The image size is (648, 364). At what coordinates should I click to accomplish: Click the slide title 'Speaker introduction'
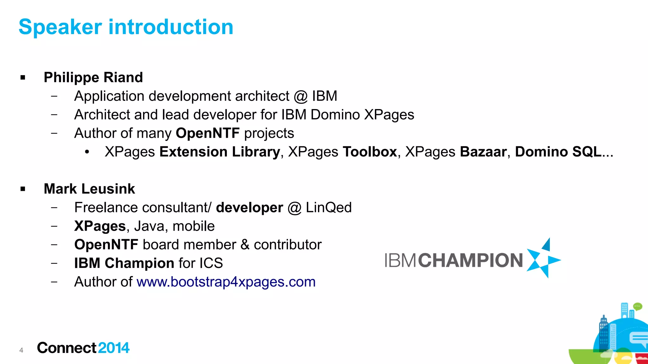126,27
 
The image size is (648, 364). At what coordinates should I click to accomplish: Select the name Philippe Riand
93,77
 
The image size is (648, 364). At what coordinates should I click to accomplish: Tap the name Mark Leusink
89,189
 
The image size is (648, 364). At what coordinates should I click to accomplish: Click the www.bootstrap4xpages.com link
226,282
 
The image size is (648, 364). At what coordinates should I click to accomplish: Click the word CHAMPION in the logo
470,261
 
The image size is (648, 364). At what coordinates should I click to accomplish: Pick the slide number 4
21,350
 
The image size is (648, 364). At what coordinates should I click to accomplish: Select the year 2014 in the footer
114,348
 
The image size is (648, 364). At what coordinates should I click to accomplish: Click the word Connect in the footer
66,348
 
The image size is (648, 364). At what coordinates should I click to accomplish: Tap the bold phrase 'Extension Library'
220,152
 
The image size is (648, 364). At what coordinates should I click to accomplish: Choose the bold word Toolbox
370,152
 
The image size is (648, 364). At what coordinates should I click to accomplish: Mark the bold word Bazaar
483,152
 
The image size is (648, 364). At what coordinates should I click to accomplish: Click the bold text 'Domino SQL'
558,152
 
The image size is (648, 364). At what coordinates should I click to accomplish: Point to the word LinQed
329,208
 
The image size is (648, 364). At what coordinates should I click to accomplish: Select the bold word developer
249,208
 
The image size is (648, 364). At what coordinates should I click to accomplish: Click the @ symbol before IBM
301,96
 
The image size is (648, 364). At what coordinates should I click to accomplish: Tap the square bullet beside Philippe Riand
23,78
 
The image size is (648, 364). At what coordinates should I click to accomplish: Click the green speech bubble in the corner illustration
638,306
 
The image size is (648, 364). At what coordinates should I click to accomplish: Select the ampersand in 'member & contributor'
245,245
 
